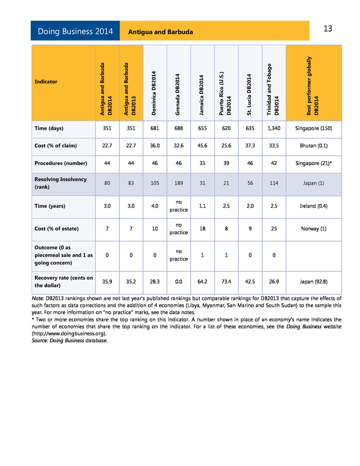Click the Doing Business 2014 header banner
(75, 32)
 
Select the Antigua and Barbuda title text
(160, 32)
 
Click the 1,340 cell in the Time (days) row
(273, 128)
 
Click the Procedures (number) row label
(61, 163)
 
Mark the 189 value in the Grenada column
(178, 183)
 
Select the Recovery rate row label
(64, 281)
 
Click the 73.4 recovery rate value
(226, 281)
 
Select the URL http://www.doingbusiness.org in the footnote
(69, 333)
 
